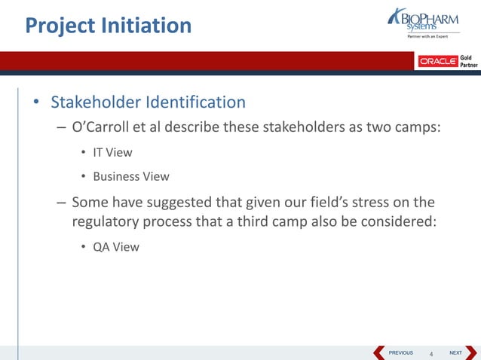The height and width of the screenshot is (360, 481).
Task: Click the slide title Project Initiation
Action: tap(108, 26)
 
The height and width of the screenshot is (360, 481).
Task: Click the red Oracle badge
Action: tap(438, 61)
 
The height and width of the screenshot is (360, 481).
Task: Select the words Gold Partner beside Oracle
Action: tap(468, 61)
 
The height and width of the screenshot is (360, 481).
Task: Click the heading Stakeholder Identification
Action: tap(148, 102)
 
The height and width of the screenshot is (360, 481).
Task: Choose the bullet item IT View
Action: tap(112, 152)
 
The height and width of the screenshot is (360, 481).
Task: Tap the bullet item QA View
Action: tap(115, 246)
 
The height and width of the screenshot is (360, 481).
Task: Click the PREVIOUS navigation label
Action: tap(400, 352)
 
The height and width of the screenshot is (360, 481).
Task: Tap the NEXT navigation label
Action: tap(455, 352)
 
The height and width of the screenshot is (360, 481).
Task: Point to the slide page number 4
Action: tap(431, 354)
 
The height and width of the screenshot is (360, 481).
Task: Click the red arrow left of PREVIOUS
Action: tap(379, 352)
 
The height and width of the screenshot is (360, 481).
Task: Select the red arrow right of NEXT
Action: tap(471, 352)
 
